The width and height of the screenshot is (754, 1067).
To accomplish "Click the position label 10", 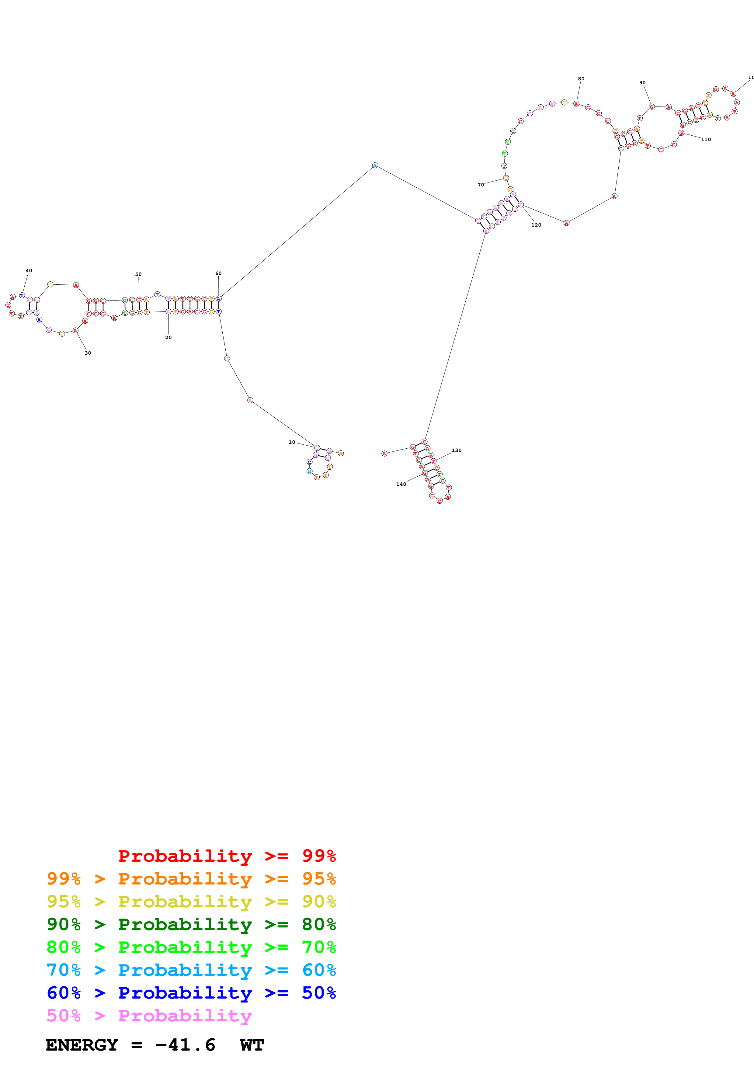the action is (292, 442).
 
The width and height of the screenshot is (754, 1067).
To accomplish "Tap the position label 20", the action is (168, 337).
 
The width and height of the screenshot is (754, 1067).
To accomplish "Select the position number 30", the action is (88, 353).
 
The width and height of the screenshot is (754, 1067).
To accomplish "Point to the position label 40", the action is (29, 270).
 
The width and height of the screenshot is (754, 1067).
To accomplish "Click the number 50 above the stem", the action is (138, 274).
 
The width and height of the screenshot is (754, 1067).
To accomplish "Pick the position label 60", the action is (218, 273).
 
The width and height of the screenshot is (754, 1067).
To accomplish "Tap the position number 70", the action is (481, 185).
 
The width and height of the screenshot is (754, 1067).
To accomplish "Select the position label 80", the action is (581, 78).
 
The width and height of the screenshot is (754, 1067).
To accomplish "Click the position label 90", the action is (642, 83).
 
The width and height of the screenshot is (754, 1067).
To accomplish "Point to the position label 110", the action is (706, 139).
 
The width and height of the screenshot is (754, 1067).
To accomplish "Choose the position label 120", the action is (536, 225).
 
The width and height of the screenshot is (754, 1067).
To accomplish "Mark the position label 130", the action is (457, 450).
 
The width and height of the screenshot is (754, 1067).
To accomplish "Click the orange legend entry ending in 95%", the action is (191, 879).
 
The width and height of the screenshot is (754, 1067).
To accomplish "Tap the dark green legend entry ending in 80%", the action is (191, 924).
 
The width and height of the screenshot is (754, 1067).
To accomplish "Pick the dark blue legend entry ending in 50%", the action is (191, 993).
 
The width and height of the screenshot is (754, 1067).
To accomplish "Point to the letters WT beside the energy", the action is (252, 1045).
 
